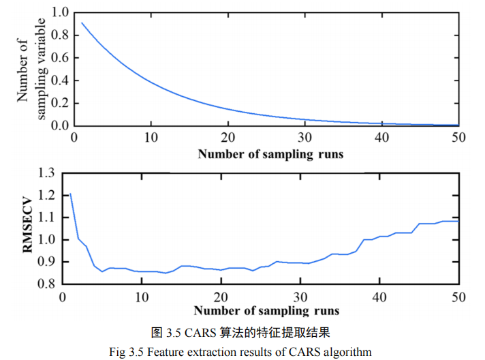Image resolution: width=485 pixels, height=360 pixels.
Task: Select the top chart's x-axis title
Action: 270,154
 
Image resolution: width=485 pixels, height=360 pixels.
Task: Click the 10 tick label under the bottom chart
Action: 142,297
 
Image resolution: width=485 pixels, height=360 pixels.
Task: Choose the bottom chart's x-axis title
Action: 266,311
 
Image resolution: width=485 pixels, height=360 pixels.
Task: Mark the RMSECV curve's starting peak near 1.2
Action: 70,194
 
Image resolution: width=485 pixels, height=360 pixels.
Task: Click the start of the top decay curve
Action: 82,23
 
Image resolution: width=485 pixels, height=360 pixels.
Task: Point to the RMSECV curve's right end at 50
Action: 458,221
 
